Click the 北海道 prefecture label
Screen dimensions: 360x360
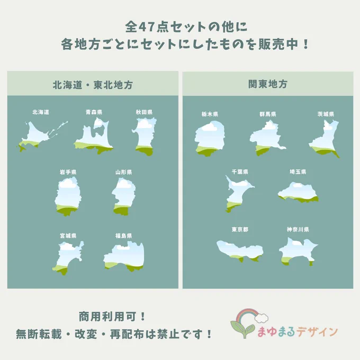41,112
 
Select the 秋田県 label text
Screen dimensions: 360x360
144,112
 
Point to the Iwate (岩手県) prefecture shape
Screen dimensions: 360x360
68,196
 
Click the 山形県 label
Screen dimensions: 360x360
123,172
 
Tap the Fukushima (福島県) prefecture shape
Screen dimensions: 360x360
124,257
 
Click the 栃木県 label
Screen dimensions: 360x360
210,114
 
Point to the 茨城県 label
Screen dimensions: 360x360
326,114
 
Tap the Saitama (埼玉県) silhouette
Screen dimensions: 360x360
298,192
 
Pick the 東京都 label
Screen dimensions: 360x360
240,229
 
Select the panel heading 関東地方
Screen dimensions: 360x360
268,84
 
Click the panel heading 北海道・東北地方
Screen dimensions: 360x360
93,85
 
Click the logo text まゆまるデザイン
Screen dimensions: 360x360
298,332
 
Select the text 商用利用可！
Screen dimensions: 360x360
112,317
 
